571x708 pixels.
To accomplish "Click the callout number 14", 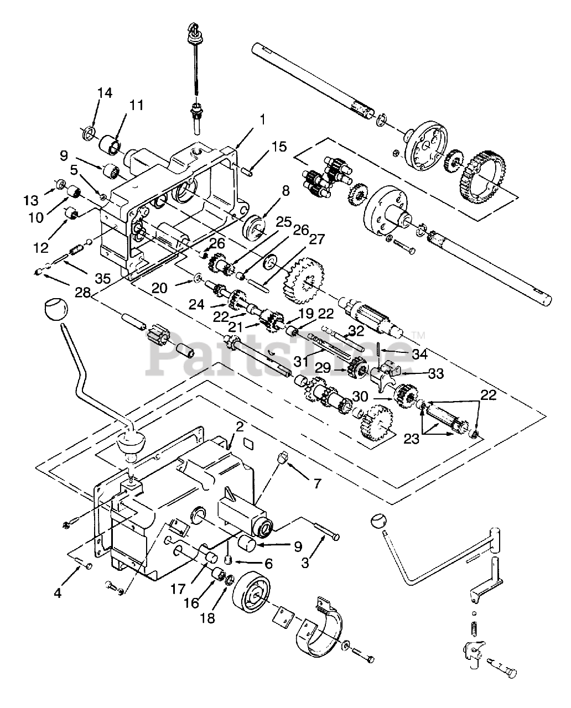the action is [105, 93].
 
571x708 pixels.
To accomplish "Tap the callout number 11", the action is [136, 105].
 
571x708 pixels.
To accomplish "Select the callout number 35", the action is [103, 279].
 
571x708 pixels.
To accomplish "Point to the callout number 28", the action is [82, 293].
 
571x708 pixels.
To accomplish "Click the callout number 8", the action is [285, 191].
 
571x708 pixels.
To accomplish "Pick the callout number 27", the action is [316, 240].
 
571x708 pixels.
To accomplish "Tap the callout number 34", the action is [419, 354].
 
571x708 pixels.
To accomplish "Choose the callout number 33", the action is [436, 373].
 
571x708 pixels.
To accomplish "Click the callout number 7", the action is [317, 483].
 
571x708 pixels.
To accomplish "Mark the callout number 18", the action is [209, 618].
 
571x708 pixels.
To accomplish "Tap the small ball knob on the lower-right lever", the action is [380, 522].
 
